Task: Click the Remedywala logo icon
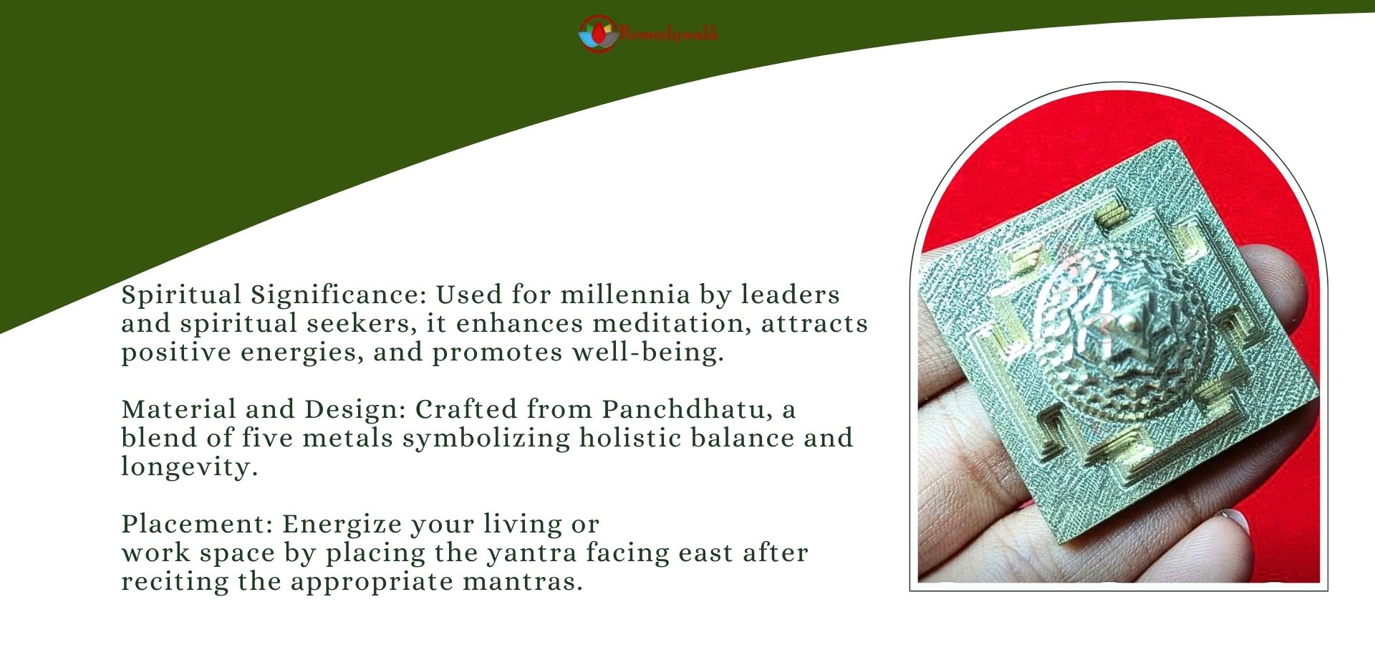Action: click(x=598, y=34)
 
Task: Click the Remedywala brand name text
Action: click(x=668, y=33)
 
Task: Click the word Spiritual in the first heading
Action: click(x=181, y=295)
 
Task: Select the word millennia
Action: click(x=625, y=295)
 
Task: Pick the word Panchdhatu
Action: click(x=687, y=409)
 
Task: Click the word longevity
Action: click(x=189, y=467)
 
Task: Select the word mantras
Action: click(x=522, y=582)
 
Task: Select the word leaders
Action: click(x=790, y=295)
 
